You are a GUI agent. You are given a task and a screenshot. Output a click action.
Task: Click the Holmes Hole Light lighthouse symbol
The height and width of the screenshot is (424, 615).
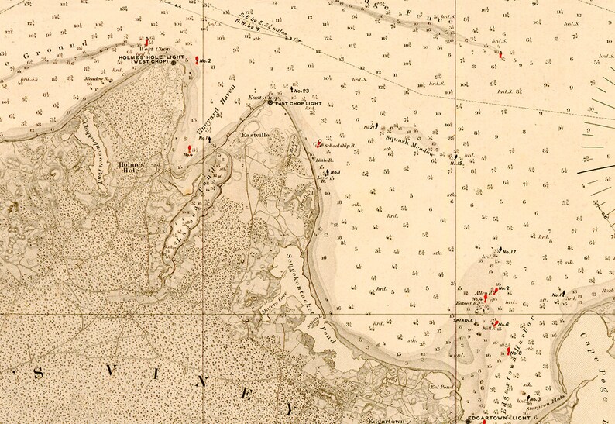pyautogui.click(x=174, y=63)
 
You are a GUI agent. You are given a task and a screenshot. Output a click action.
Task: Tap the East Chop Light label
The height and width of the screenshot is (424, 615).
pyautogui.click(x=298, y=103)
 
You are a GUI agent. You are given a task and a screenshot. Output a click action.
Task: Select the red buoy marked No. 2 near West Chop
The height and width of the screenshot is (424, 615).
pyautogui.click(x=198, y=60)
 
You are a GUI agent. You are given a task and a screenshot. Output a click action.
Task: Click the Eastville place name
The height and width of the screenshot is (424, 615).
pyautogui.click(x=254, y=135)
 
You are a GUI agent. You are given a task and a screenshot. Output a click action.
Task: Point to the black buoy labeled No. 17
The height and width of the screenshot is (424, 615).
pyautogui.click(x=500, y=250)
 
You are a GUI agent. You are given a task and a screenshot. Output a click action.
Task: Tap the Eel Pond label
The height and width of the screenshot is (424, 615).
pyautogui.click(x=440, y=385)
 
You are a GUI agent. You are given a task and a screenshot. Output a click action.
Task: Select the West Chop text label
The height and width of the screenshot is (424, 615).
pyautogui.click(x=149, y=50)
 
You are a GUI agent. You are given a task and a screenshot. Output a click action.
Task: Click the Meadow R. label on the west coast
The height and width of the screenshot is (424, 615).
pyautogui.click(x=94, y=78)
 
